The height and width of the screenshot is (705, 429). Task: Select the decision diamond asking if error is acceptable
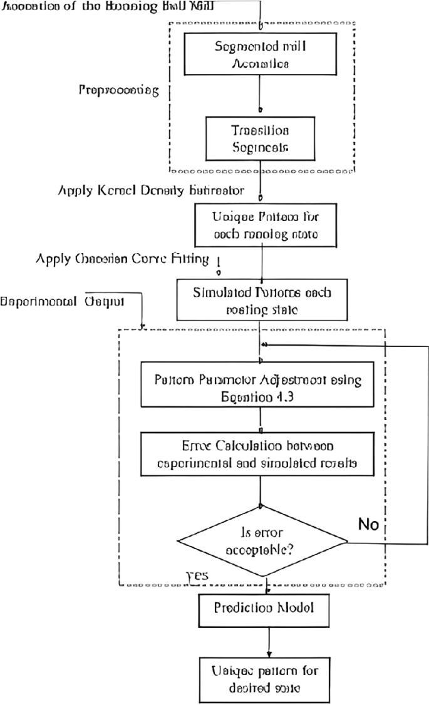[262, 540]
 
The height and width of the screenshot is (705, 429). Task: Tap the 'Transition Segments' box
[261, 138]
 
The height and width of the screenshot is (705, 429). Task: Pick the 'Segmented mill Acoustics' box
[261, 54]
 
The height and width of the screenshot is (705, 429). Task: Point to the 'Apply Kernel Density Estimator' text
[151, 189]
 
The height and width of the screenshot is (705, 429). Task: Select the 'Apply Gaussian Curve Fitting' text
[123, 258]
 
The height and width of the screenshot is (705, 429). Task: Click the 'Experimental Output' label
[63, 301]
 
